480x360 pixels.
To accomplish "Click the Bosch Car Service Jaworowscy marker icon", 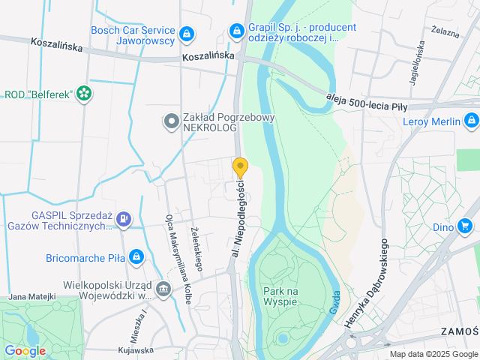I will click(186, 34).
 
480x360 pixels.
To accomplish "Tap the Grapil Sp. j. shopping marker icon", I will click(237, 31).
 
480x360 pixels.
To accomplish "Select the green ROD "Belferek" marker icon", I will click(84, 94).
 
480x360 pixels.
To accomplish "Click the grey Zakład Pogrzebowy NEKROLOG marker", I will click(171, 119).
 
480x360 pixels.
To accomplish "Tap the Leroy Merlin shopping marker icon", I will click(471, 119).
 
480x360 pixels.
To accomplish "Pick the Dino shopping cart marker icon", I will click(466, 225).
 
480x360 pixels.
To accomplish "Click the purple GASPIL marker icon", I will click(124, 220).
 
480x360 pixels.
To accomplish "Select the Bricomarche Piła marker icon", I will click(136, 257).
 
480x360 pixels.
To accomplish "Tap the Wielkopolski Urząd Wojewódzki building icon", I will click(163, 289).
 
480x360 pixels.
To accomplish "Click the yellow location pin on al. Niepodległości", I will click(240, 167).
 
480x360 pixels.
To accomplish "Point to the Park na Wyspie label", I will click(280, 295).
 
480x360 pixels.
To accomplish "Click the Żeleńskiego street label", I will click(196, 249).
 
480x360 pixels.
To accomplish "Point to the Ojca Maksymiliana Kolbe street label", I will click(177, 259).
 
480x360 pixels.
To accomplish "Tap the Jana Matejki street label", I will click(31, 297).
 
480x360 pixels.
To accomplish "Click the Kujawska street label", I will click(135, 350).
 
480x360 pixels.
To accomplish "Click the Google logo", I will click(25, 350).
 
